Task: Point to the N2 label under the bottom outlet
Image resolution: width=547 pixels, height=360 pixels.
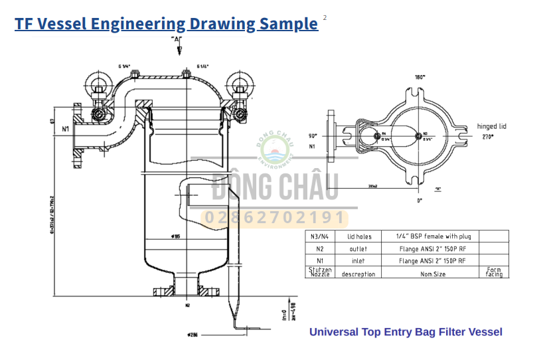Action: coord(188,306)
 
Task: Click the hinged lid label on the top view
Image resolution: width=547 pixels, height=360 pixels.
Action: coord(492,126)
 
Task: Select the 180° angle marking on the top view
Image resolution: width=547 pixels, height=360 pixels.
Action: coord(420,78)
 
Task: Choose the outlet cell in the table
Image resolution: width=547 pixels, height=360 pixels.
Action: coord(359,248)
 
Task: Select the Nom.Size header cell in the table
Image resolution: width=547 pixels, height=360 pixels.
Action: coord(431,273)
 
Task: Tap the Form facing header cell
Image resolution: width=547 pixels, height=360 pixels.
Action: coord(493,272)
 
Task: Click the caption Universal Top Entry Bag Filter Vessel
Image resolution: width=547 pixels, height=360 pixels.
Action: coord(406,332)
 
